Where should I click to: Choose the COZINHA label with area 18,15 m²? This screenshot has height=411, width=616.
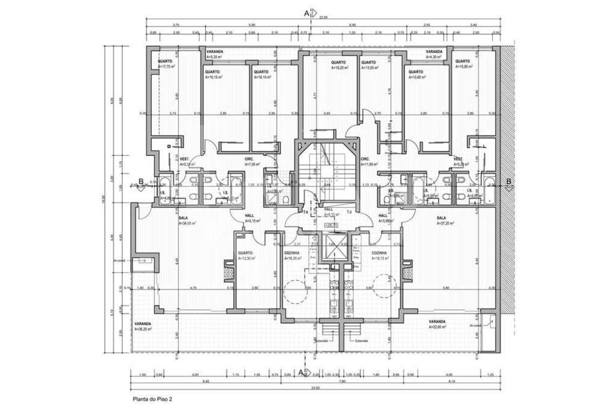click(x=380, y=255)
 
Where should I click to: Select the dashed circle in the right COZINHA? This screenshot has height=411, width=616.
click(x=383, y=285)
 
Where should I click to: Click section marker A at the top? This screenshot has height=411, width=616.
click(x=307, y=12)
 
